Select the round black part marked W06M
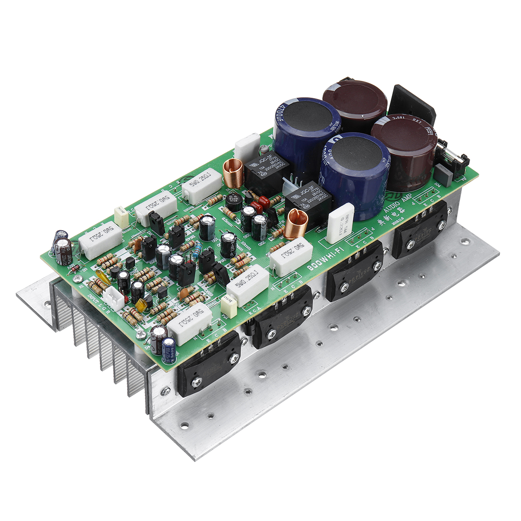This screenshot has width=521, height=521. (234, 201)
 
